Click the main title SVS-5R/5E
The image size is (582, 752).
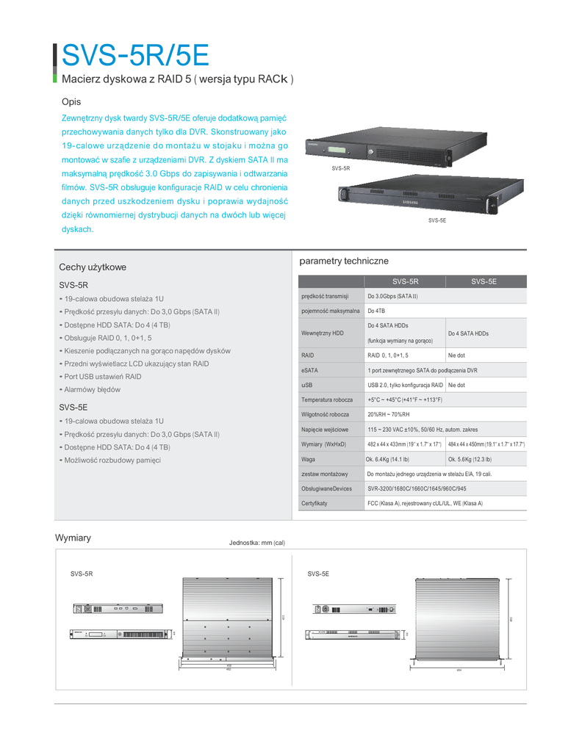(x=136, y=54)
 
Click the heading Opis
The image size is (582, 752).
(x=71, y=101)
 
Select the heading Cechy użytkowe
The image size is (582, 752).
(x=93, y=267)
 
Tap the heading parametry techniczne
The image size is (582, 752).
(x=344, y=261)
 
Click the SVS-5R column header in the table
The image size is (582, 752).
(x=405, y=281)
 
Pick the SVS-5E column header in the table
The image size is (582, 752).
(x=484, y=281)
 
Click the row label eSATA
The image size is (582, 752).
(x=309, y=370)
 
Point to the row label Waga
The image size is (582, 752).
(x=309, y=459)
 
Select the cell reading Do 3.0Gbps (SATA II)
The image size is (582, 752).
(x=392, y=296)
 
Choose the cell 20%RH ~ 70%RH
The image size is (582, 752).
(x=389, y=414)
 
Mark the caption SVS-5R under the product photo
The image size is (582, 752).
(x=341, y=168)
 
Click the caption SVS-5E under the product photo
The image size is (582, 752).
(x=437, y=220)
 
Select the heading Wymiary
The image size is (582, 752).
(x=73, y=538)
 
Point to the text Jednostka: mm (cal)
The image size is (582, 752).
(x=256, y=543)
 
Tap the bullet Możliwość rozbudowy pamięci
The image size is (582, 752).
(x=112, y=460)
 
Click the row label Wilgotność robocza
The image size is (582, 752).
(x=325, y=414)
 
